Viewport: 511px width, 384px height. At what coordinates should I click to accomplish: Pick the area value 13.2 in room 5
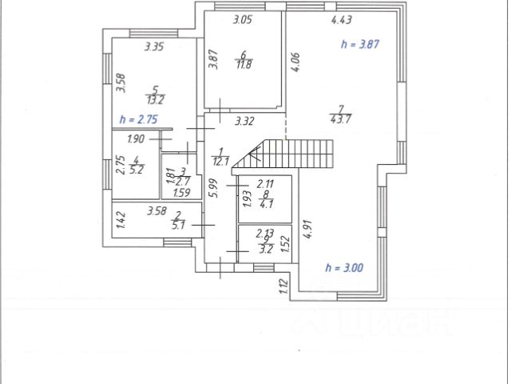pyautogui.click(x=155, y=100)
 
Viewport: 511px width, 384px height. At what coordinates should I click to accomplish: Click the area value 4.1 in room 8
pyautogui.click(x=266, y=202)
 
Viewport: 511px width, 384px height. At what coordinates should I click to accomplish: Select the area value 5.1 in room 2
pyautogui.click(x=178, y=225)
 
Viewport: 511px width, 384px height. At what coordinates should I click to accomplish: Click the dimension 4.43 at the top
pyautogui.click(x=341, y=19)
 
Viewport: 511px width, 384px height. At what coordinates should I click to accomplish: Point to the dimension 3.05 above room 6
pyautogui.click(x=243, y=20)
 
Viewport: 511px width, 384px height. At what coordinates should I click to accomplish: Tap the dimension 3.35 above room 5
pyautogui.click(x=154, y=47)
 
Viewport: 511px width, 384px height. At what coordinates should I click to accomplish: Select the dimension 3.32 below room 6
pyautogui.click(x=244, y=122)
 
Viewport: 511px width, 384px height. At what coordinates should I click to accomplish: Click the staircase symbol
pyautogui.click(x=295, y=152)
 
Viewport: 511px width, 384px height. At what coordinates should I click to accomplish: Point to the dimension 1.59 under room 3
pyautogui.click(x=181, y=192)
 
